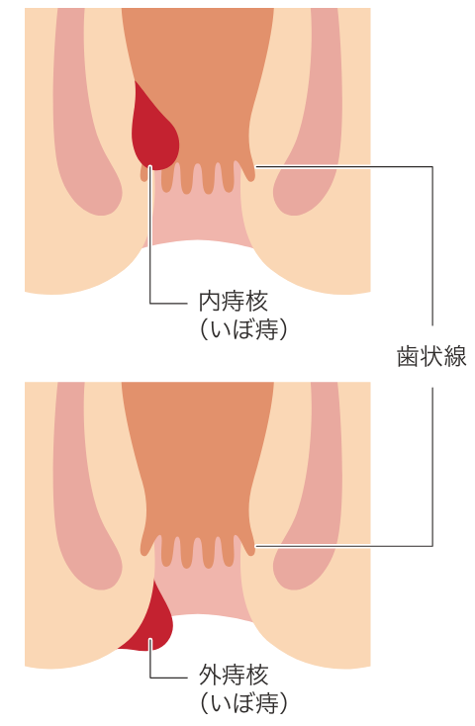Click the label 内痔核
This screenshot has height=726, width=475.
coord(234,302)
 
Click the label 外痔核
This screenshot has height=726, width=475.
coord(234,676)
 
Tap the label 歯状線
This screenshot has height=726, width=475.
coord(431,356)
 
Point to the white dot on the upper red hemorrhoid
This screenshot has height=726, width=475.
coord(150,166)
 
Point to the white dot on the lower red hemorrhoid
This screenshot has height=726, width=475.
coord(150,640)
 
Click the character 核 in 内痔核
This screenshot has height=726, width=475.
coord(256,302)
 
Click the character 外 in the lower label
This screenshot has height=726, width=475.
coord(210,676)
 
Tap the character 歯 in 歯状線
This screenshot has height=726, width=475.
coord(409,356)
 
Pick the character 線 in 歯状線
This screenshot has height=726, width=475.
coord(455,356)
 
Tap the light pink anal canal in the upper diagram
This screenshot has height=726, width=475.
coord(199,218)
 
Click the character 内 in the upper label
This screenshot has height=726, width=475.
coord(210,302)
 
